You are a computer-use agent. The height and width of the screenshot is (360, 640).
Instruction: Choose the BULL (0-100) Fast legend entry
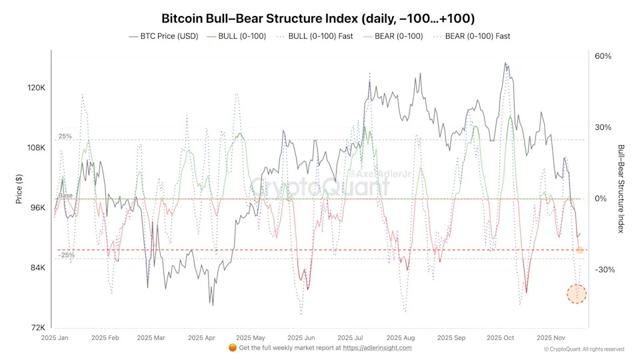[317, 36]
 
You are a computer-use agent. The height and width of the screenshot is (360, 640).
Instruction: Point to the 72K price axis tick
[37, 327]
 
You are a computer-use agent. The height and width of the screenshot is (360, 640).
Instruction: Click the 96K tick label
[37, 207]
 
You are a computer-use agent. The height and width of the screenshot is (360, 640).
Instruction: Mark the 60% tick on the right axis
[603, 56]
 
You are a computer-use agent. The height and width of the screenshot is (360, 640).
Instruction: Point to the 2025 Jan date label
[55, 338]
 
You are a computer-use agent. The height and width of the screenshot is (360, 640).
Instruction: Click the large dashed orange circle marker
[577, 293]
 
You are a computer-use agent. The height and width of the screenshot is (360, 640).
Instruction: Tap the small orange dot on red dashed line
[580, 250]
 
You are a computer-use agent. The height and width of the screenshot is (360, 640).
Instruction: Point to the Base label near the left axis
[65, 195]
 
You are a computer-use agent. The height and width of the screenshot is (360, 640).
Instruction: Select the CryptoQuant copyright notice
[584, 349]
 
